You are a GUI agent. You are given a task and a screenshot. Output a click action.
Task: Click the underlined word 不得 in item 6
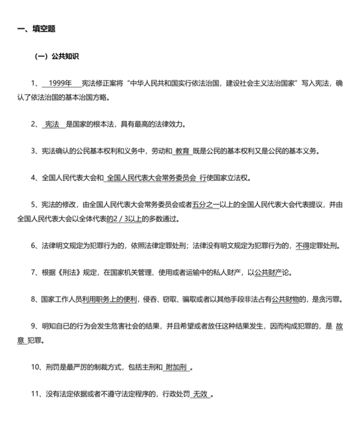point(303,246)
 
